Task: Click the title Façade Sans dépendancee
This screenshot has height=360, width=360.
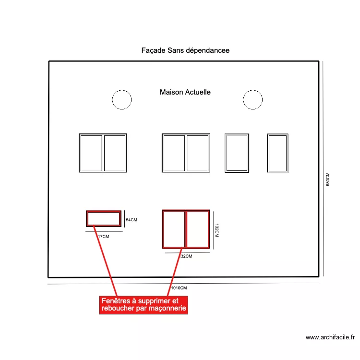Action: (185, 50)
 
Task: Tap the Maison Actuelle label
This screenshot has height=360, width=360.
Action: (185, 92)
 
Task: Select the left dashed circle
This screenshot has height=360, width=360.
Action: (121, 100)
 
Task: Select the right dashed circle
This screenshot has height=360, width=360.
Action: (252, 100)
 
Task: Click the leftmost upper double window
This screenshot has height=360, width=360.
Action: (103, 153)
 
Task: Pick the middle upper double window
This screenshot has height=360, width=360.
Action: (186, 153)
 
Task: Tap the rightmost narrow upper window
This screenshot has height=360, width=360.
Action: (277, 153)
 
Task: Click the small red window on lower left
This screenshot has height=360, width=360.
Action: (104, 218)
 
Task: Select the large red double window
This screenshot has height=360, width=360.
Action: (186, 229)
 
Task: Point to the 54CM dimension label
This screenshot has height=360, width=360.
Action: (132, 220)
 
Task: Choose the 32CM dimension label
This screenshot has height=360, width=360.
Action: (186, 256)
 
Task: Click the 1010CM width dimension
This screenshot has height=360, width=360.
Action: (179, 288)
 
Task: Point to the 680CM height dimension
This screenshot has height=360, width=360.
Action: (328, 180)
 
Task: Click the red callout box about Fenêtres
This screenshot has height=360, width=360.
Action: (144, 305)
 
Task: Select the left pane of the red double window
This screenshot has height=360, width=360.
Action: (174, 229)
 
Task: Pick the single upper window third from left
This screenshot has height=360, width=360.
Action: (237, 153)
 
